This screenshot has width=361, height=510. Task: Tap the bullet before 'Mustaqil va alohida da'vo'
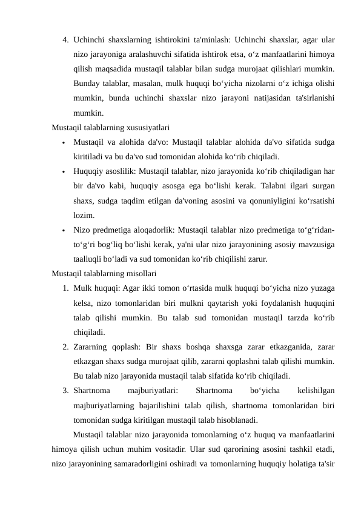[63, 143]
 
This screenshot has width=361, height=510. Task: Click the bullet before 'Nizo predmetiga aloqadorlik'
[63, 230]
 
